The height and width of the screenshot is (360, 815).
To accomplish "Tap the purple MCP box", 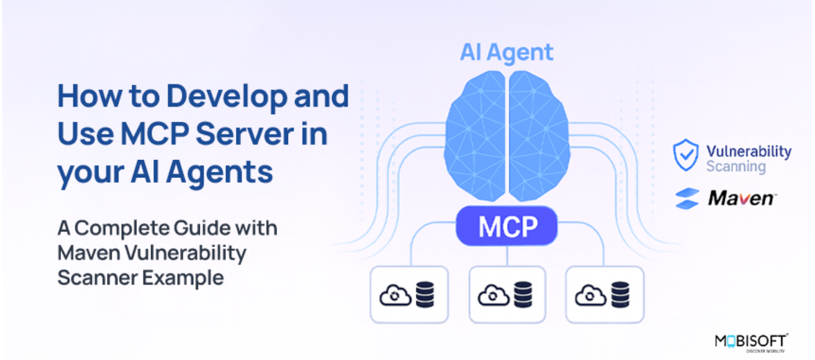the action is click(506, 226).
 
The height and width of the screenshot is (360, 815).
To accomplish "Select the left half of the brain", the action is click(474, 136).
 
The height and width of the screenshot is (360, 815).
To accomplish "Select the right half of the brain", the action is click(539, 136).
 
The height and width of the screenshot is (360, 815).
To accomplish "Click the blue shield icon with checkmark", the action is click(686, 155).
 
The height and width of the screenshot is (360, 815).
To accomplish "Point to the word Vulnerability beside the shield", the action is click(749, 152).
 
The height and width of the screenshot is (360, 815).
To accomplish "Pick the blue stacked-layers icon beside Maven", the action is click(687, 199).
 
